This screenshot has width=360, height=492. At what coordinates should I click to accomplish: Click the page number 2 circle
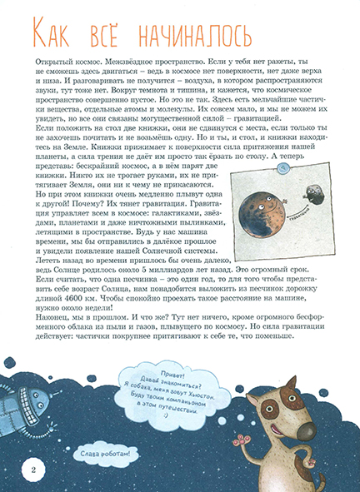(x=32, y=472)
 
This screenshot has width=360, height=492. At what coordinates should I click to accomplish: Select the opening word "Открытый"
(x=51, y=62)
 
